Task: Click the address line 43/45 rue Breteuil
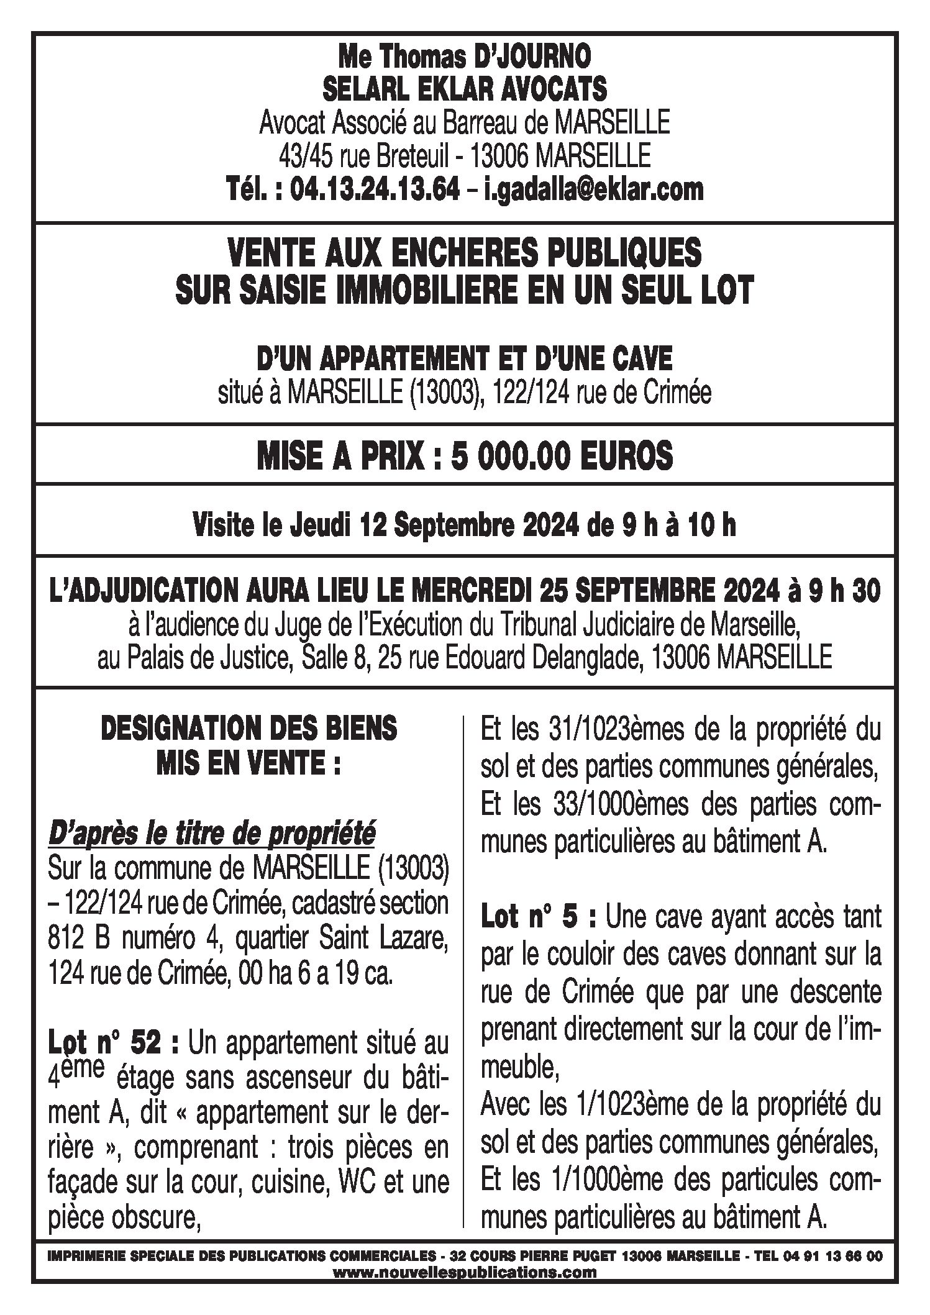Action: click(x=363, y=155)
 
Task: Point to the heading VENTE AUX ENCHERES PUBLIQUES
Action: click(x=465, y=254)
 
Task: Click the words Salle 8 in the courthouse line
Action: click(x=334, y=658)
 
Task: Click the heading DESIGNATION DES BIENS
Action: click(x=248, y=729)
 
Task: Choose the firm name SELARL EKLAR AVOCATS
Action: click(x=465, y=90)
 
